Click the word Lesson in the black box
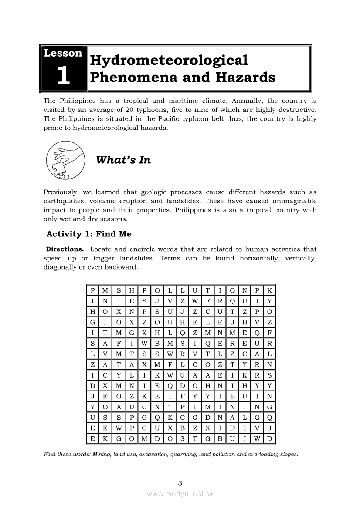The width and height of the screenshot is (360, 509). (x=63, y=54)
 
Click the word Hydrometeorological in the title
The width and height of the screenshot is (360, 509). (x=169, y=60)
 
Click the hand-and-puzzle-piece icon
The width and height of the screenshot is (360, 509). (x=65, y=160)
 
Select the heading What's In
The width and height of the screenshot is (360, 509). (x=123, y=160)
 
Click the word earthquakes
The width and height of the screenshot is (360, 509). (x=62, y=201)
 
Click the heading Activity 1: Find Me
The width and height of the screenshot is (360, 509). (x=89, y=234)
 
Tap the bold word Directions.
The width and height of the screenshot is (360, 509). (x=65, y=249)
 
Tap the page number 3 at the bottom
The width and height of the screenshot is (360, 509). (x=180, y=483)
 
